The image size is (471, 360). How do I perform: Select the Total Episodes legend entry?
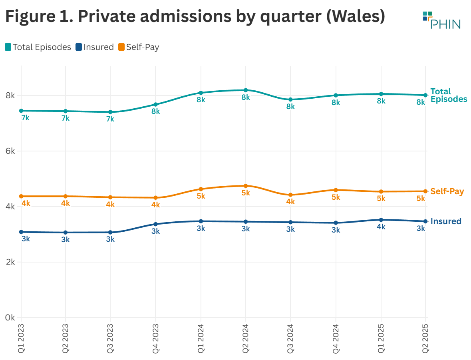click(38, 47)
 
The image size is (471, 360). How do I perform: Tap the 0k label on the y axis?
click(10, 318)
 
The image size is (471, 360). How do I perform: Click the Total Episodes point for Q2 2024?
click(246, 90)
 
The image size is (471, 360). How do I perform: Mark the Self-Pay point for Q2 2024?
click(246, 186)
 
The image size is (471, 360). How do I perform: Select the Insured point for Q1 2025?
click(381, 220)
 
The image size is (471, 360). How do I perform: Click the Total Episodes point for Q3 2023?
click(110, 112)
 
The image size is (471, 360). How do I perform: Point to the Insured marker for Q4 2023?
click(155, 224)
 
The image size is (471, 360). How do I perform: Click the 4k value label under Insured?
click(381, 227)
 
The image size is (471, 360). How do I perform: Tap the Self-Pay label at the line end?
click(447, 191)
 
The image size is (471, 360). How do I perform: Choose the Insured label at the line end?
click(445, 221)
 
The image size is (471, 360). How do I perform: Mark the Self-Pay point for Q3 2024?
click(290, 195)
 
